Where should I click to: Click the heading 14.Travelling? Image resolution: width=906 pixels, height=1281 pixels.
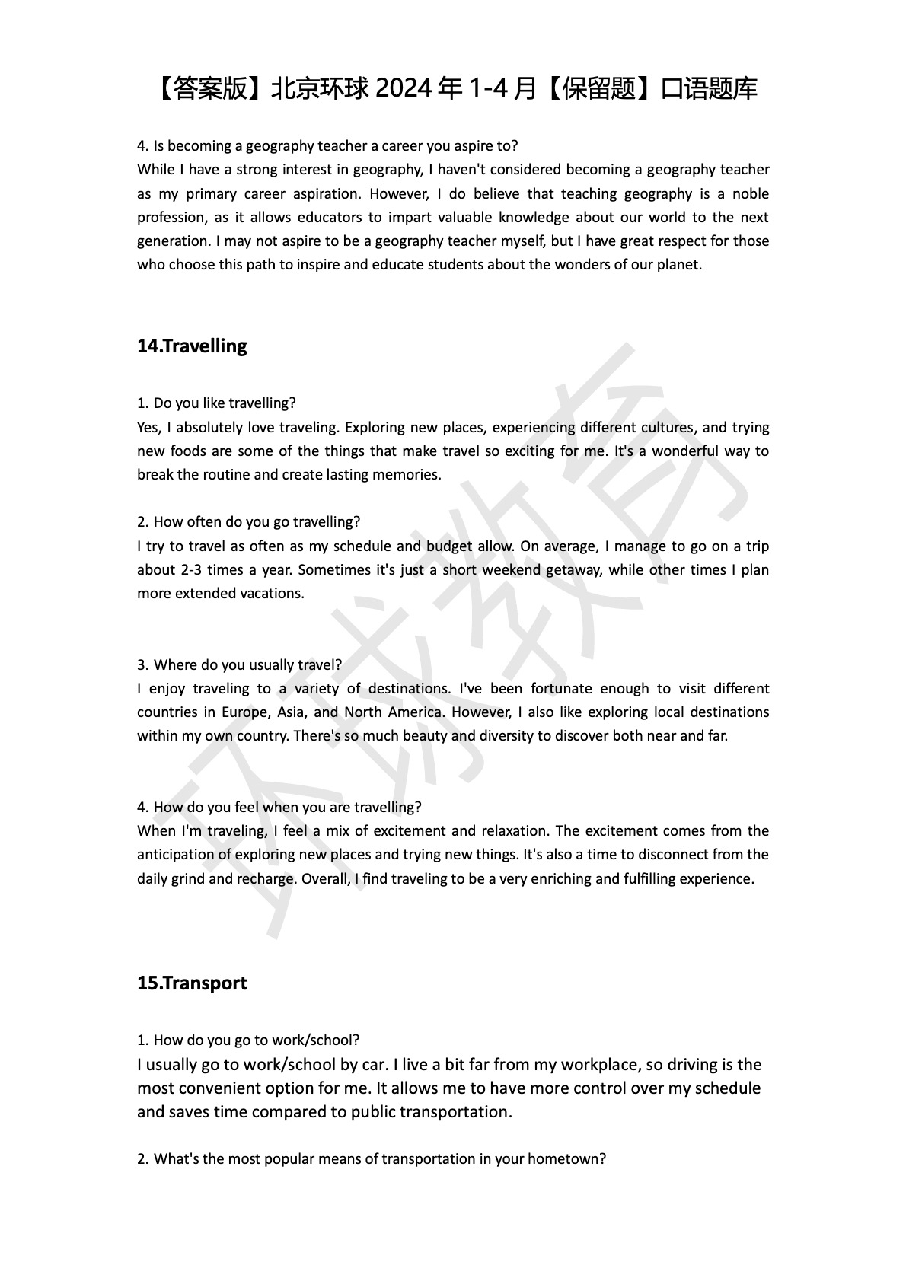[x=192, y=346]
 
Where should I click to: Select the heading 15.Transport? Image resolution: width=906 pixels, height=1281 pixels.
[x=192, y=983]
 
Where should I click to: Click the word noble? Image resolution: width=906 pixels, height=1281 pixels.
[x=750, y=193]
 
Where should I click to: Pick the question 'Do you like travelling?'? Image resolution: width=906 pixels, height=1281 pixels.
[x=224, y=403]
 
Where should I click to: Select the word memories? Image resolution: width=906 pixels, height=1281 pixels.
[x=410, y=474]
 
